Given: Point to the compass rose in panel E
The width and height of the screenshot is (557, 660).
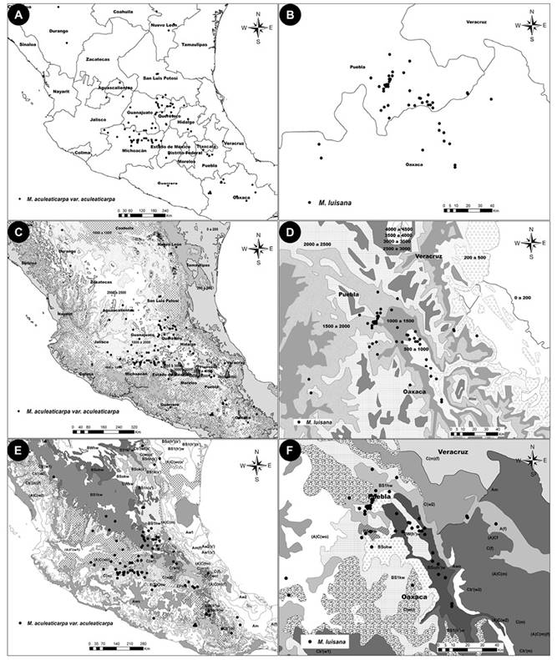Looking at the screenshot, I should (259, 464).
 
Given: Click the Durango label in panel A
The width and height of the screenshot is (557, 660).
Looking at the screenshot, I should (58, 30).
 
